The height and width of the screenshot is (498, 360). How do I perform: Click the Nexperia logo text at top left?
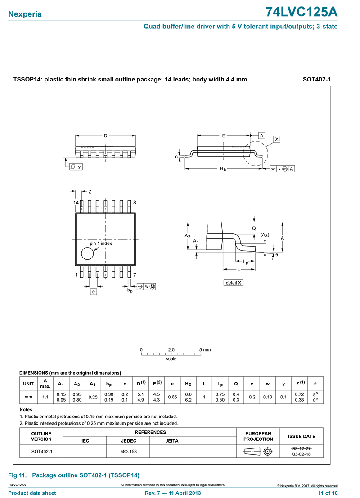point(25,14)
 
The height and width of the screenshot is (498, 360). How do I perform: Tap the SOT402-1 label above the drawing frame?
point(317,80)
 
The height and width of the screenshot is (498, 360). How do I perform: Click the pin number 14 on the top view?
point(76,203)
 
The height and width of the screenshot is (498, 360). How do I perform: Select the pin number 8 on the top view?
point(135,203)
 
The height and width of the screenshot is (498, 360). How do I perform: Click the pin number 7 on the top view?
point(135,275)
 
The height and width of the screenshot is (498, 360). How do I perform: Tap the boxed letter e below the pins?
point(94,292)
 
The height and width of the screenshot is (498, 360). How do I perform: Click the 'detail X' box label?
point(234,283)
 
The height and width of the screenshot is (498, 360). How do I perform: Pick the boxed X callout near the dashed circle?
point(277,139)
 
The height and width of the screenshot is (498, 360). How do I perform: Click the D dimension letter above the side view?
point(106,136)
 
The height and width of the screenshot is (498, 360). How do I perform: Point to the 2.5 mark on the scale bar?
point(171,350)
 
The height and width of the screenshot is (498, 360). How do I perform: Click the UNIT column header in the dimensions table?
point(28,384)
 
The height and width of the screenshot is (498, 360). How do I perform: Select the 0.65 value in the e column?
point(172,397)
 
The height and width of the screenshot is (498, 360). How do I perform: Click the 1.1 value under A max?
point(45,397)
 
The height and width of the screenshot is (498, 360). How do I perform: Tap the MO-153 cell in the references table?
point(129,451)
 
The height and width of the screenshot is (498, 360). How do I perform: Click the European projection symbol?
point(258,451)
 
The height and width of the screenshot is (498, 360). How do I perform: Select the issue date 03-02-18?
point(301,454)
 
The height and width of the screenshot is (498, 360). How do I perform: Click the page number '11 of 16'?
point(328,493)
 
